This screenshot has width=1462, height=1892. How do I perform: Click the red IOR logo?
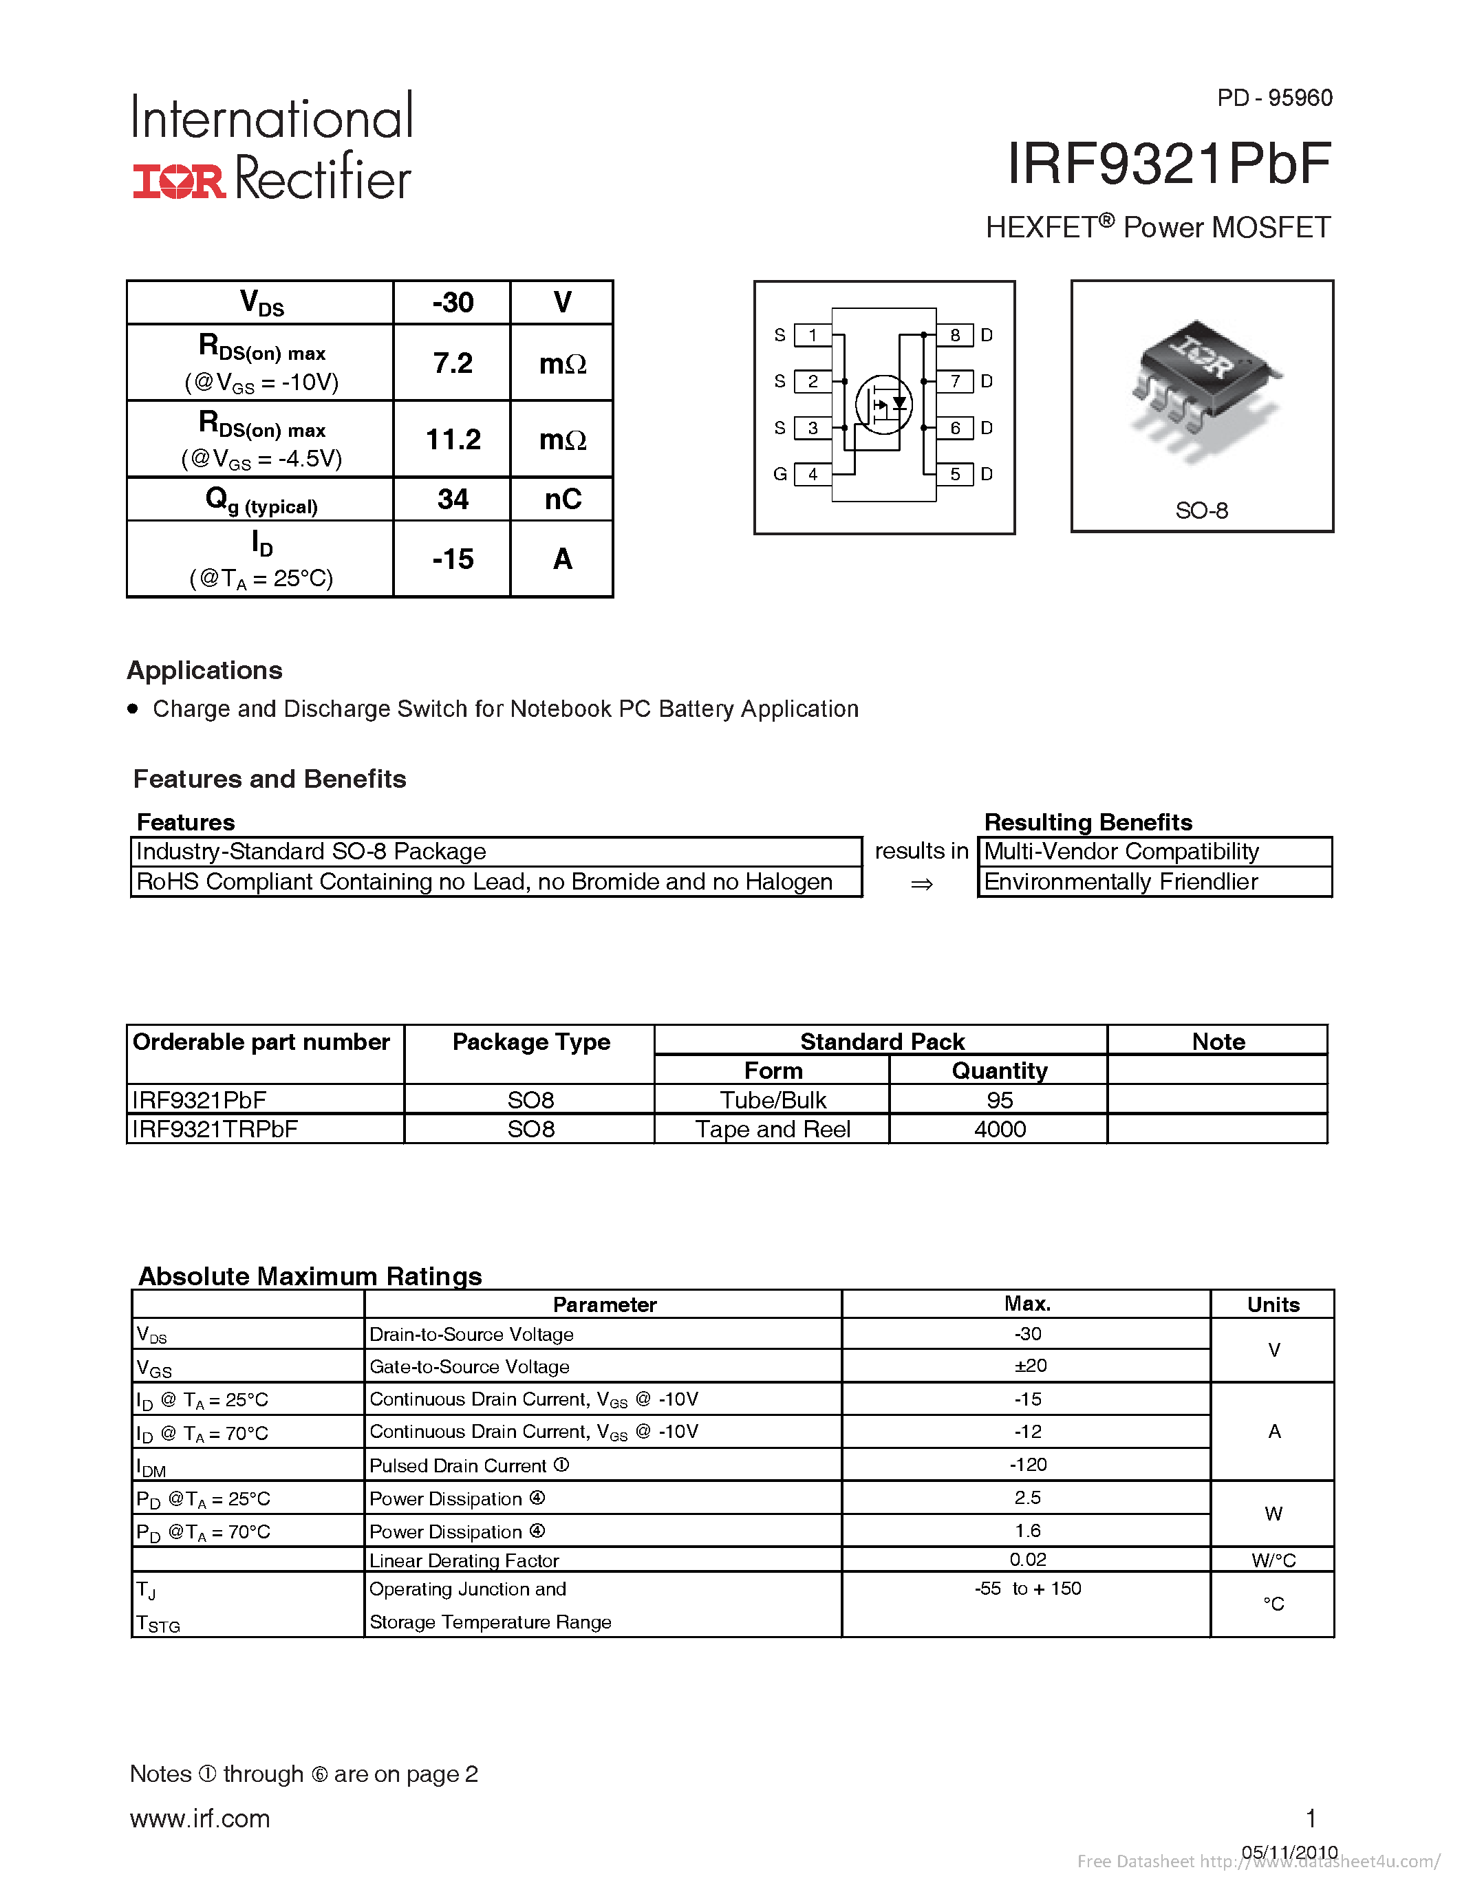(178, 180)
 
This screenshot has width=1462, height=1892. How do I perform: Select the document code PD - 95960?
(1274, 98)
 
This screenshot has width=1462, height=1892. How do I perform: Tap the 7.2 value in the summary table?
(452, 363)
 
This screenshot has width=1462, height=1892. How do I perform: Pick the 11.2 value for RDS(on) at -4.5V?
(452, 439)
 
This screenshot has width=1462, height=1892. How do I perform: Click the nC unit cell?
(562, 499)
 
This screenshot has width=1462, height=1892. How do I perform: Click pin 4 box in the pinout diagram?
(813, 474)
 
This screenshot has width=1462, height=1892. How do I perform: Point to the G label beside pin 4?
(780, 474)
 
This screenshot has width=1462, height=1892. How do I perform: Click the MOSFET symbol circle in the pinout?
(883, 404)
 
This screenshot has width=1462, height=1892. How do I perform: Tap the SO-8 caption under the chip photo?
(1201, 510)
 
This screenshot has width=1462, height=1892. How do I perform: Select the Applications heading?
(204, 671)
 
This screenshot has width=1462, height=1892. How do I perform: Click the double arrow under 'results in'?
(921, 883)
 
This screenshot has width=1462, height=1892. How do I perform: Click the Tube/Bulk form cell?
(773, 1100)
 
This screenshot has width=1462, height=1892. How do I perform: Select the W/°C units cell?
(1272, 1560)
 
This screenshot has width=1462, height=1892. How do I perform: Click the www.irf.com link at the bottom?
(200, 1818)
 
